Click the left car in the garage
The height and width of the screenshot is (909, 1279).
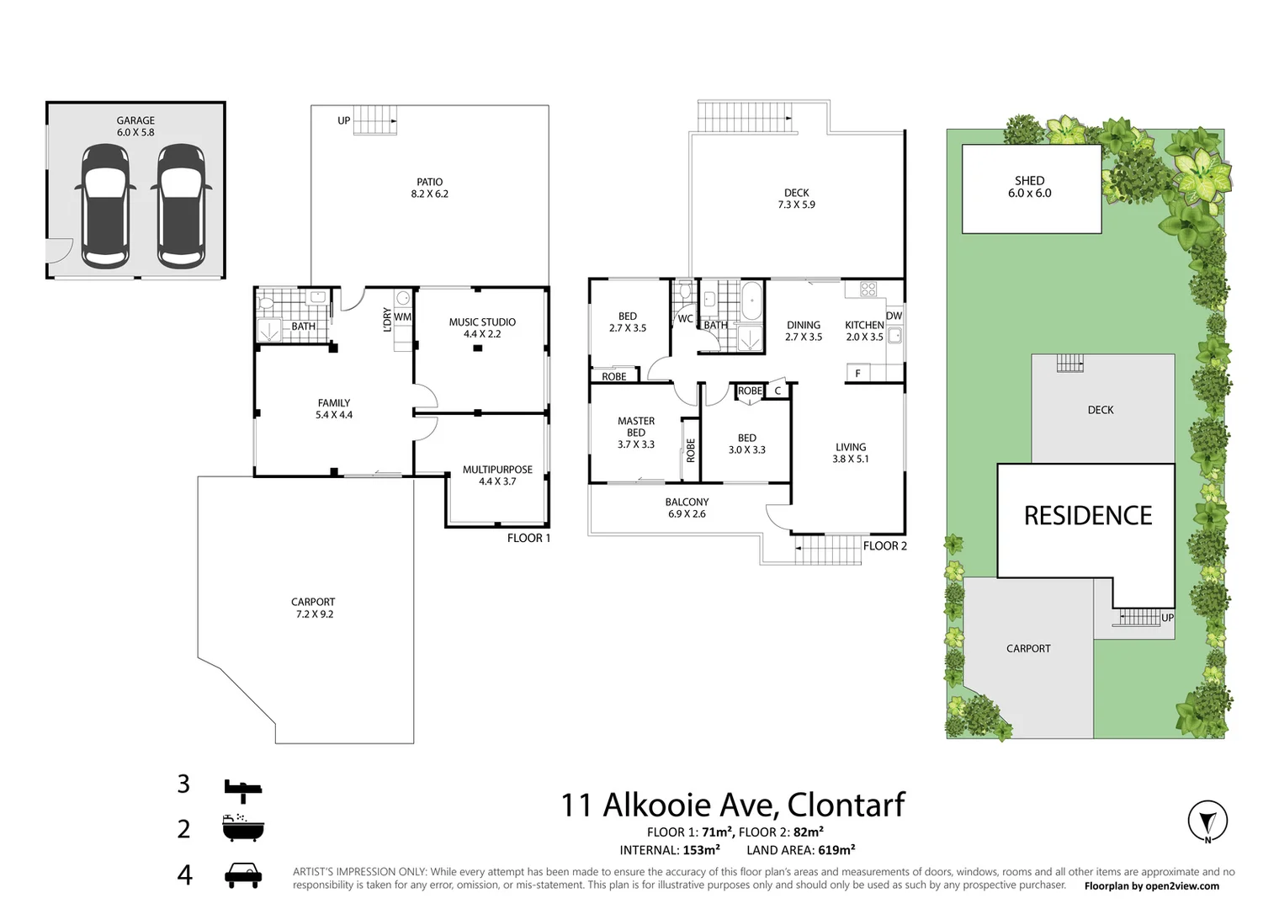105,206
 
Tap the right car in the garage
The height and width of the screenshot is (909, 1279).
180,206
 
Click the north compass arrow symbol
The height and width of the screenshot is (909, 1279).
1207,820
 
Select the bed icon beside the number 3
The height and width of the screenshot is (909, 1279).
243,788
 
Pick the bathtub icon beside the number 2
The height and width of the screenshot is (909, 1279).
243,828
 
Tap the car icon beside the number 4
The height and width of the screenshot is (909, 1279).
243,875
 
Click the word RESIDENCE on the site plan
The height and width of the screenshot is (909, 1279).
1087,515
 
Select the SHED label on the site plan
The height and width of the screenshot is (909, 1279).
1029,181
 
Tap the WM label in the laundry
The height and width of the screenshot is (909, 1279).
402,317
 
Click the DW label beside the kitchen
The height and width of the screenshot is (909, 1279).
894,316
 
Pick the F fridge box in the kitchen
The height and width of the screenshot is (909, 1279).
857,373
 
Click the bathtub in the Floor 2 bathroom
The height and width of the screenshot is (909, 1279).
751,300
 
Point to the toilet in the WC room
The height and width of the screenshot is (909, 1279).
684,292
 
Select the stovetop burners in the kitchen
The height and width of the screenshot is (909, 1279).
868,290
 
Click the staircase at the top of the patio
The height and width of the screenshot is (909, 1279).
374,120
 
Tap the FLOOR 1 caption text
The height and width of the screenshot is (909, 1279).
528,538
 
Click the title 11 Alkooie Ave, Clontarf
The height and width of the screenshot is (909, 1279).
732,805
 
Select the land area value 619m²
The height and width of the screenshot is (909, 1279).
836,850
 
